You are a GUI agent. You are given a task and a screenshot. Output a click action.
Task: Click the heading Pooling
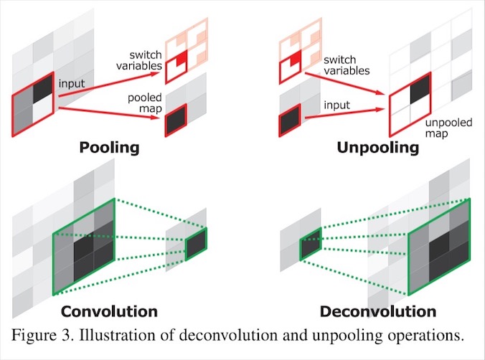(x=109, y=147)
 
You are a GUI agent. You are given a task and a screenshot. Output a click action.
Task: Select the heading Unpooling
(x=377, y=147)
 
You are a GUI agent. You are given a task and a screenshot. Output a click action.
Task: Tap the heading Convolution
(x=109, y=311)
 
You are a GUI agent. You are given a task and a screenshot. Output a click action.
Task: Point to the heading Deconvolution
(x=378, y=311)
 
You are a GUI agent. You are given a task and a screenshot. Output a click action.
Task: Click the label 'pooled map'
(x=145, y=103)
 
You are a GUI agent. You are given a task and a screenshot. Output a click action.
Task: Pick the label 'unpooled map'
(x=448, y=128)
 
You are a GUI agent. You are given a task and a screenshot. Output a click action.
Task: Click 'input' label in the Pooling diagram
(x=72, y=83)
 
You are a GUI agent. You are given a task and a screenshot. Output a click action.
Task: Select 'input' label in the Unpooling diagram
(x=336, y=105)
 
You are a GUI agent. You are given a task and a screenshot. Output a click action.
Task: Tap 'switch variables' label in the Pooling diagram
(x=139, y=60)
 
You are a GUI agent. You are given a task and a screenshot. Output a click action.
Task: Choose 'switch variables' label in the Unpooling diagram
(x=347, y=65)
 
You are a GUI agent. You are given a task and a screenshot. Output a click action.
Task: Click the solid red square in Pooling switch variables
(x=182, y=57)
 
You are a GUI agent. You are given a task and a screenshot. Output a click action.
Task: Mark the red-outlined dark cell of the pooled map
(x=176, y=120)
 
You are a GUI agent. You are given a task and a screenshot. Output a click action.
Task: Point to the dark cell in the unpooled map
(x=420, y=89)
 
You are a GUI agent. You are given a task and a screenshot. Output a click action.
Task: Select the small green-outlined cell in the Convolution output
(x=196, y=244)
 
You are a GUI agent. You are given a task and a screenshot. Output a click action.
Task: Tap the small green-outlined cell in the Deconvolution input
(x=311, y=244)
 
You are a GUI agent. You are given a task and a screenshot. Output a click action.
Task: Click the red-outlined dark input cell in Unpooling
(x=290, y=120)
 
